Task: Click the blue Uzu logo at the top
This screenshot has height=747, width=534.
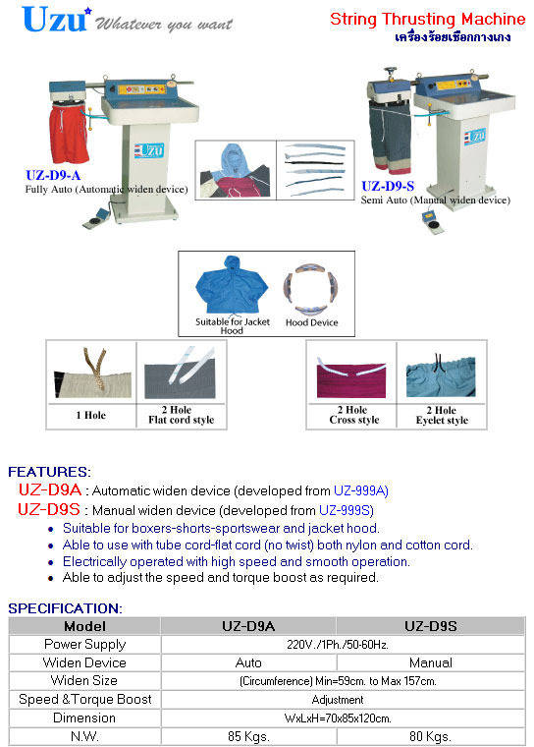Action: (x=56, y=20)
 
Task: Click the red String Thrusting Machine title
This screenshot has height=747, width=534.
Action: (x=427, y=19)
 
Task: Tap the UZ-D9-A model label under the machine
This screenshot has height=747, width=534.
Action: (x=53, y=175)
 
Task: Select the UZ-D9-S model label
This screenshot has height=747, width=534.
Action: (x=388, y=187)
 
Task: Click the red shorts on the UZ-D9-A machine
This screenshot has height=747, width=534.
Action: (x=69, y=134)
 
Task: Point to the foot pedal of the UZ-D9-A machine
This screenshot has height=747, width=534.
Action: (x=95, y=217)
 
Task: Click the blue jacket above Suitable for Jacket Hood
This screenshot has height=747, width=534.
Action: (x=232, y=286)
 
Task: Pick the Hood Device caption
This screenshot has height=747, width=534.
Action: (x=312, y=322)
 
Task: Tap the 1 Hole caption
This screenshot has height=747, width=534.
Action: (x=91, y=415)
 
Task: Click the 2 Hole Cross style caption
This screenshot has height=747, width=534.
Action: (x=353, y=415)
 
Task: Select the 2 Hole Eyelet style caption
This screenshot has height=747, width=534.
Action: (x=442, y=416)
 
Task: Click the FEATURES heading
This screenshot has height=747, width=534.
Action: (x=49, y=472)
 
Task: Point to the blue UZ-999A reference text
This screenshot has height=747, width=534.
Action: (x=361, y=490)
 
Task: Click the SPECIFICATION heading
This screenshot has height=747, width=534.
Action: (x=65, y=608)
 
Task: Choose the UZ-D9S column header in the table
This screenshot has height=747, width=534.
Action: (x=430, y=626)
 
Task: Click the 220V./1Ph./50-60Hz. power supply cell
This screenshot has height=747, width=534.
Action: (x=338, y=645)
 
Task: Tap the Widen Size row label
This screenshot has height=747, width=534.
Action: (x=84, y=681)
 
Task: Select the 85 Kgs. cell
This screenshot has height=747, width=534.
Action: (x=248, y=736)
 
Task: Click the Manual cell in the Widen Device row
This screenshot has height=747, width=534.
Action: (x=431, y=662)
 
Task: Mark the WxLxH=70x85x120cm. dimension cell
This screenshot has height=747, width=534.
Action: (x=338, y=718)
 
